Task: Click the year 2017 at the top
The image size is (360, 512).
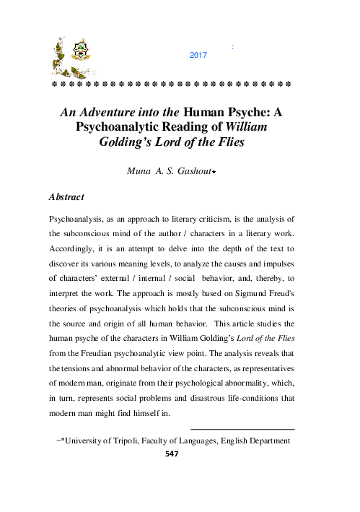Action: coord(198,54)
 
